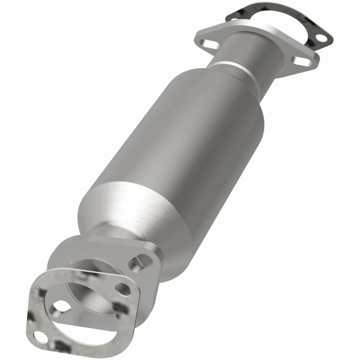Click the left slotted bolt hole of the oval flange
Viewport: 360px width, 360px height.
208,44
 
